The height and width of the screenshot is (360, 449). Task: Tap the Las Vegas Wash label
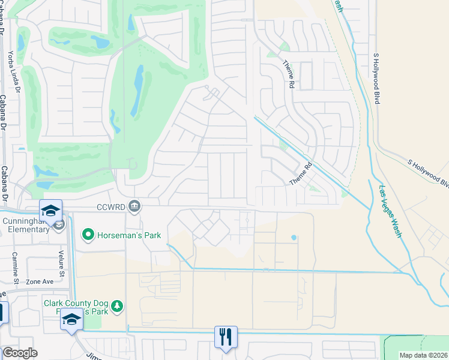coord(390,211)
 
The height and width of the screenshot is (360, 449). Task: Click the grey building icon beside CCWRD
coord(134,206)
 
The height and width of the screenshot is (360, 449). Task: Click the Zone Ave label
coord(40,281)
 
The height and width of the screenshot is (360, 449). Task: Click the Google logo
coord(20,353)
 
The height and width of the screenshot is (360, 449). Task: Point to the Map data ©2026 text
coord(423,355)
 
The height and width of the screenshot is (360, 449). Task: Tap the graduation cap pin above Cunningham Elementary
coord(50,210)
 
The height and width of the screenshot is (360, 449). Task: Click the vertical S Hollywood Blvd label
coord(376,78)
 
